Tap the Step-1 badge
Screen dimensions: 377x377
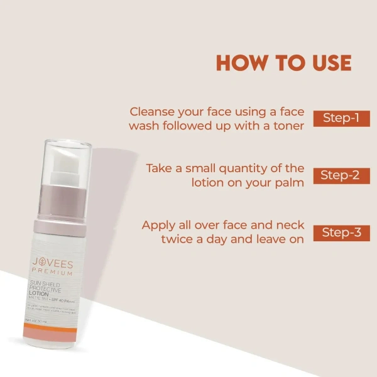tap(341, 118)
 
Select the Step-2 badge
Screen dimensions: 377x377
tap(341, 175)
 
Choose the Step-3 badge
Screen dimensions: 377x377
tap(341, 232)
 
